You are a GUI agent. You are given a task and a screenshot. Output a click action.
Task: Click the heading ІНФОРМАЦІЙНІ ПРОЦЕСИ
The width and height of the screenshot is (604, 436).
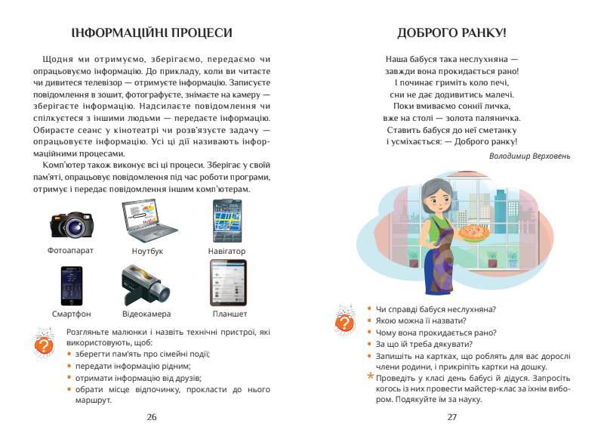[151, 32]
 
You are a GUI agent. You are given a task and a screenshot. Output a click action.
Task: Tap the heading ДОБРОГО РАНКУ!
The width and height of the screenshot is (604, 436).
[451, 32]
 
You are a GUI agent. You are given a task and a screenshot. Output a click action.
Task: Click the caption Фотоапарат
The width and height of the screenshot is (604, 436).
[70, 250]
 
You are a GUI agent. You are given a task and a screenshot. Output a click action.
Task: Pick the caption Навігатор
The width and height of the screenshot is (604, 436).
[226, 250]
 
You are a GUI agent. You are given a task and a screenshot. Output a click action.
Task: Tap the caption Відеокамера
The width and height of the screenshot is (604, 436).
[146, 314]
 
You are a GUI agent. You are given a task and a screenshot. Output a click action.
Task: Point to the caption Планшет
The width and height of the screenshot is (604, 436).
[227, 314]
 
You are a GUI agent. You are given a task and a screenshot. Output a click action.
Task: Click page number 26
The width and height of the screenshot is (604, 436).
[152, 416]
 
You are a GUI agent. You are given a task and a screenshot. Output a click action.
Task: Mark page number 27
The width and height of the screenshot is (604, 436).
[452, 416]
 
